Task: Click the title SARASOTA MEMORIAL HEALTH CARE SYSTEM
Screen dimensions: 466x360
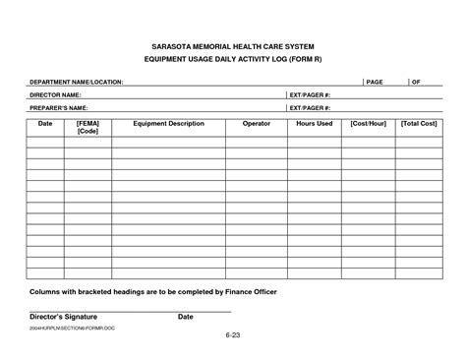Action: click(x=233, y=45)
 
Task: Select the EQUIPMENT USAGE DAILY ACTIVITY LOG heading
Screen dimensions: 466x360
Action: click(x=233, y=59)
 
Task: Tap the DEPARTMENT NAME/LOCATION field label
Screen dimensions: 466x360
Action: click(x=76, y=82)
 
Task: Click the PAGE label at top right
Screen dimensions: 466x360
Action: click(x=375, y=82)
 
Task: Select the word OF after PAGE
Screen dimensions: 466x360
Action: click(x=416, y=82)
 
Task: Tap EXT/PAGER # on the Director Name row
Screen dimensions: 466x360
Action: click(x=310, y=94)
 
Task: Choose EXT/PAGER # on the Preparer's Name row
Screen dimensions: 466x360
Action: click(x=310, y=107)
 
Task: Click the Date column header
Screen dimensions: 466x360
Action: click(x=44, y=124)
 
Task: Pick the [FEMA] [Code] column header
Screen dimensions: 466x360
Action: click(x=87, y=128)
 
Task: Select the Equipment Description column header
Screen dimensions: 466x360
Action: click(x=168, y=124)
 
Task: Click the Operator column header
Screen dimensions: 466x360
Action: click(x=256, y=124)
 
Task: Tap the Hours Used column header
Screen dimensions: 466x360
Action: click(x=315, y=124)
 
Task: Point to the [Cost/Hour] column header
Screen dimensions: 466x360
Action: click(x=368, y=124)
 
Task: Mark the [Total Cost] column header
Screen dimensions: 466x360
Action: click(x=419, y=124)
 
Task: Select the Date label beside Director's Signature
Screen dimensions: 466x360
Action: click(x=185, y=317)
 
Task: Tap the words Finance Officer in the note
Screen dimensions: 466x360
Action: click(x=249, y=292)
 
